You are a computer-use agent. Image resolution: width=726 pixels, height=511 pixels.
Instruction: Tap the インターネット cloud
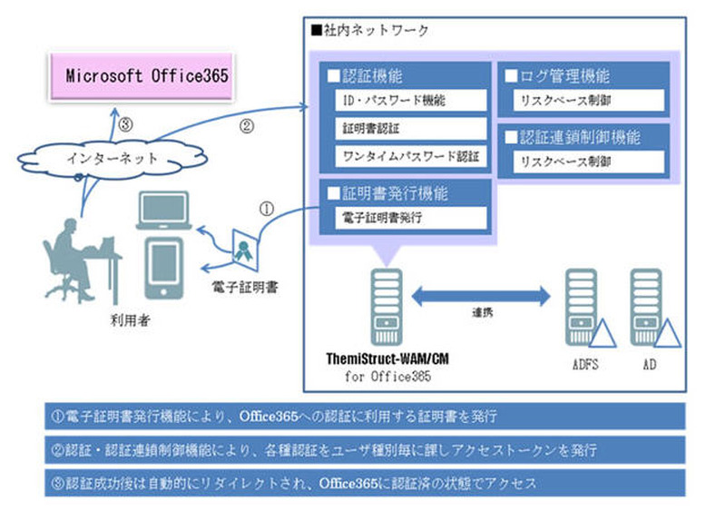coord(113,157)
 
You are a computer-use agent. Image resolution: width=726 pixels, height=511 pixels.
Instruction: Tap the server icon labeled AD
coord(650,308)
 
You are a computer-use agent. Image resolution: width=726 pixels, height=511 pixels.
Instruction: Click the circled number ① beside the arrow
coord(267,207)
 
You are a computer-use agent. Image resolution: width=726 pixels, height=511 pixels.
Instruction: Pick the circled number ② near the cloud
coord(245,126)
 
